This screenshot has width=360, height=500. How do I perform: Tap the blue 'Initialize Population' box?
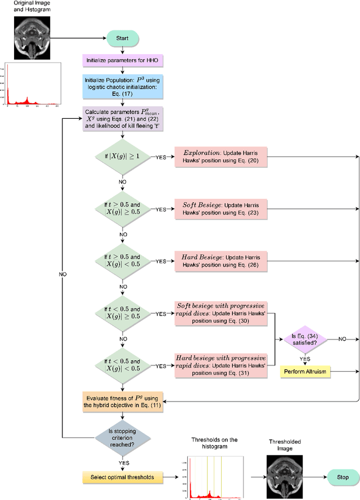[123, 87]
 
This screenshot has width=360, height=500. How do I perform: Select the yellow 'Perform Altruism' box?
[304, 372]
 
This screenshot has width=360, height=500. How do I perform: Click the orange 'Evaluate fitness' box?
[123, 401]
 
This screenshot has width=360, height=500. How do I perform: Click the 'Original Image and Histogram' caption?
[28, 7]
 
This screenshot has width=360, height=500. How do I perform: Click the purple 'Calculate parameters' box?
[123, 119]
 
